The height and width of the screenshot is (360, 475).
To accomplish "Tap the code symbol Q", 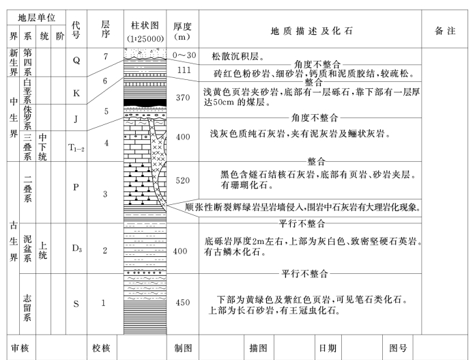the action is (76, 59).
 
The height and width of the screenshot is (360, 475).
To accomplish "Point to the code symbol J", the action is (76, 117).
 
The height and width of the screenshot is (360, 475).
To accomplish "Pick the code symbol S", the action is (76, 303).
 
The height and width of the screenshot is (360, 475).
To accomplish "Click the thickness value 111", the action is (182, 70).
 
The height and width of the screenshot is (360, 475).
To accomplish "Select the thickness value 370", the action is (182, 98).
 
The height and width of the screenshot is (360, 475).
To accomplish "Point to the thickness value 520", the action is (182, 181).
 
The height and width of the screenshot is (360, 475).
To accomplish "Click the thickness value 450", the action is (182, 303).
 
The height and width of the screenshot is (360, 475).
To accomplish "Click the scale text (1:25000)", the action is (144, 38).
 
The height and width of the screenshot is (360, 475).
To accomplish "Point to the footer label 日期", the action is (328, 348).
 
